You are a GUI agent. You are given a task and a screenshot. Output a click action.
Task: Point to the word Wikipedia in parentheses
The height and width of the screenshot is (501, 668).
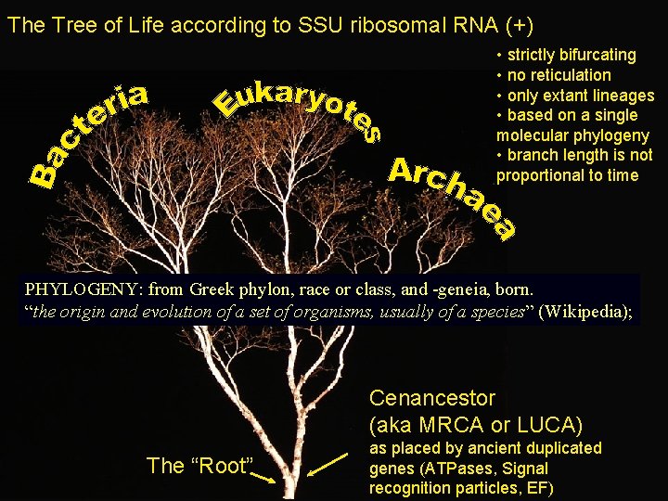pos(584,312)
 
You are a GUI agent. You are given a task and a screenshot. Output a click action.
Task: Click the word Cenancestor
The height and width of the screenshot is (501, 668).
pos(432,398)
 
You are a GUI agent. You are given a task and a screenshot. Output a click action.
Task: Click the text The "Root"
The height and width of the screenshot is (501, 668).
pos(199,466)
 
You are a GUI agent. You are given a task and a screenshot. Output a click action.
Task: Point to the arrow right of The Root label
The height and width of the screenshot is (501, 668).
pos(262,477)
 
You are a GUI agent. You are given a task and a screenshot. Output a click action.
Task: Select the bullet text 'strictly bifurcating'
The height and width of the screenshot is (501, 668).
pos(571,55)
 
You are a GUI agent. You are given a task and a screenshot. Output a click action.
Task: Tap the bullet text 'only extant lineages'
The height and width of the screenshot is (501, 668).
pos(580,96)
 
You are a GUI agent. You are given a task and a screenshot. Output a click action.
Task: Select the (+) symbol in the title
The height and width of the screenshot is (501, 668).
pos(518,25)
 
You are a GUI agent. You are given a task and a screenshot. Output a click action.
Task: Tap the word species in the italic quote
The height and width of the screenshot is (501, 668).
pos(494,312)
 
